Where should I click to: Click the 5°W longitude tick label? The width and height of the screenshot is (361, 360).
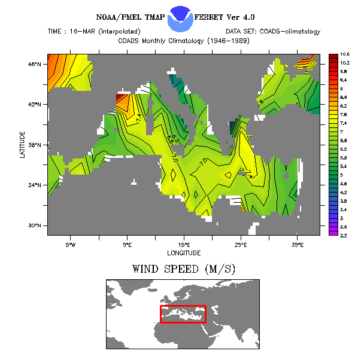click(71, 245)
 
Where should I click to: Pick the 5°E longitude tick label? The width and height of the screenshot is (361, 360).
click(127, 245)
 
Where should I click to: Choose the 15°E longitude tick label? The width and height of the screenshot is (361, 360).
click(184, 245)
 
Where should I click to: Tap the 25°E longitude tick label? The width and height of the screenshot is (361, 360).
click(241, 245)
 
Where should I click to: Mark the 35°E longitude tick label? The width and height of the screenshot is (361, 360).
click(298, 245)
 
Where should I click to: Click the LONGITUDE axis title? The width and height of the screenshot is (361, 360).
click(184, 253)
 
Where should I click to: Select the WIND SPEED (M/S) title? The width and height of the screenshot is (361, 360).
click(184, 270)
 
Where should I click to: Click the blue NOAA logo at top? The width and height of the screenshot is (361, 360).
click(181, 19)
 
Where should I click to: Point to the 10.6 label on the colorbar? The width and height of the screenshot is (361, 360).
click(345, 54)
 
